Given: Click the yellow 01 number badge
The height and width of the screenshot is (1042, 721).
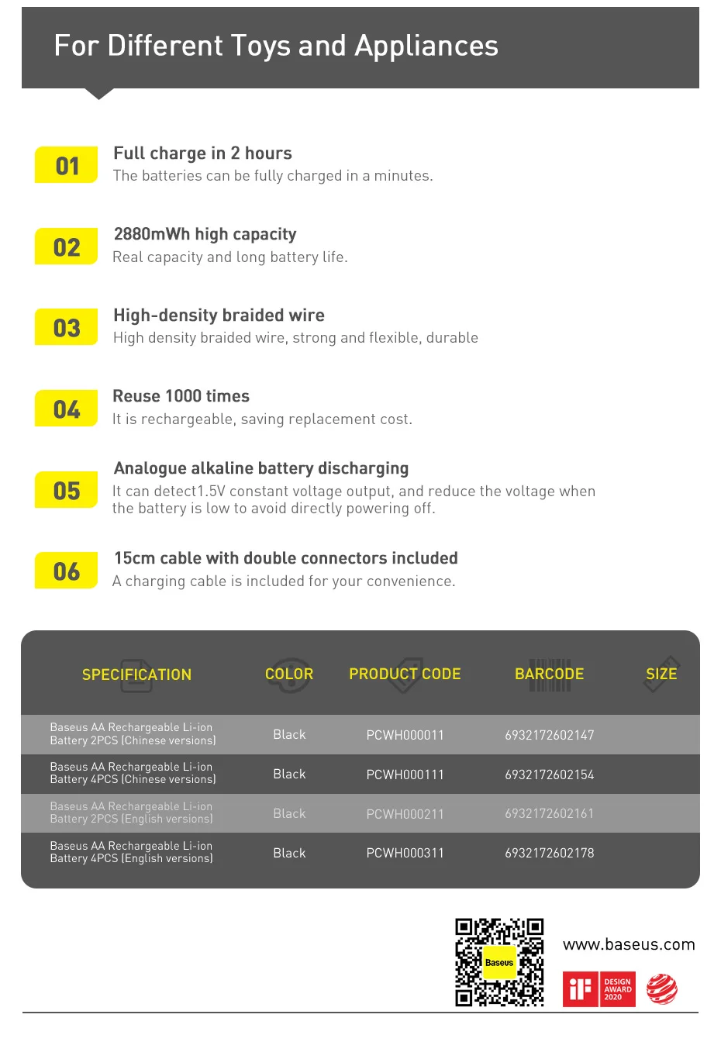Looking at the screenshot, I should pos(67,165).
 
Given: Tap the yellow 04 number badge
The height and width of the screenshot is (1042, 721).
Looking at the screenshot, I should pos(67,409).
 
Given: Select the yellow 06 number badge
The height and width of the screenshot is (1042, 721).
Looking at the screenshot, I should pos(67,571).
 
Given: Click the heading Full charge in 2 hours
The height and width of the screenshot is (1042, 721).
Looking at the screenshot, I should pos(202,154).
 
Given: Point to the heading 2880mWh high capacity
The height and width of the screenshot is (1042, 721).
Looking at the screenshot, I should pos(205,234).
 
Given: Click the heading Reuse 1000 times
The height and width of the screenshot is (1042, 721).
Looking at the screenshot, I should pos(181,396).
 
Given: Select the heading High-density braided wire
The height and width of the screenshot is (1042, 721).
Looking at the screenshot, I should pos(219,316).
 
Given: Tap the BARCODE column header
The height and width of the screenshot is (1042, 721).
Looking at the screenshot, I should pos(549,674).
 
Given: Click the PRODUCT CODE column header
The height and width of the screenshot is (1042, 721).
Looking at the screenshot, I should pos(405,674).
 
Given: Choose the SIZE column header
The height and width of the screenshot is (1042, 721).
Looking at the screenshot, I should pos(661,674).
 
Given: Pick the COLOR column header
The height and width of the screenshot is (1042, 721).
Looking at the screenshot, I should pos(289,674).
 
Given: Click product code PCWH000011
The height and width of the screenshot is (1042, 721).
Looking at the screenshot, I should pos(405,735).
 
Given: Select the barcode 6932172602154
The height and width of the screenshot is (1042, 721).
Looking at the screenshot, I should pos(549,775).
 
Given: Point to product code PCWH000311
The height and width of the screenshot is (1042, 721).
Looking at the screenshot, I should pos(405,853).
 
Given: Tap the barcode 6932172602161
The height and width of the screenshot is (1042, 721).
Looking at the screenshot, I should pos(549,813).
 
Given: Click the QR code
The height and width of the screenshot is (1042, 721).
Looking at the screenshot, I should pos(499,962).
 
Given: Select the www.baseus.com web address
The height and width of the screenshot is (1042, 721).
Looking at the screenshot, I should pos(629,944).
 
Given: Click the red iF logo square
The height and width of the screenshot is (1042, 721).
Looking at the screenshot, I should pos(580,989).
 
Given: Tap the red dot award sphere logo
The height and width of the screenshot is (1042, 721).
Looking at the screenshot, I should pos(661,989).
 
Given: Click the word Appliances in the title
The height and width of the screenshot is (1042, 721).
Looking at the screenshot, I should pos(426,47).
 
